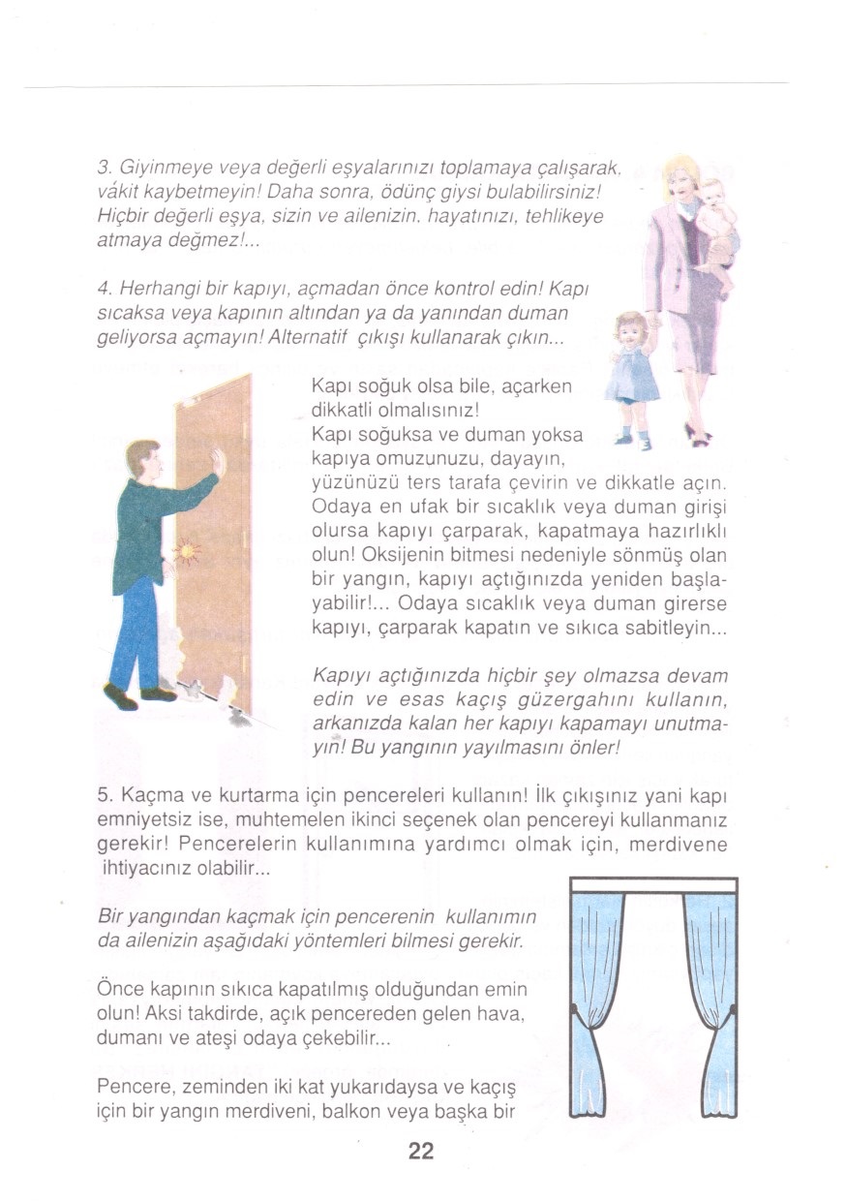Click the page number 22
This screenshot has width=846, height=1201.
click(x=421, y=1151)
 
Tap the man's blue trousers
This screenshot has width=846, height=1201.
click(x=136, y=630)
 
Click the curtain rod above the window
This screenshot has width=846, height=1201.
click(x=653, y=883)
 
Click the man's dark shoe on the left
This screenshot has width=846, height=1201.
click(x=120, y=695)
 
